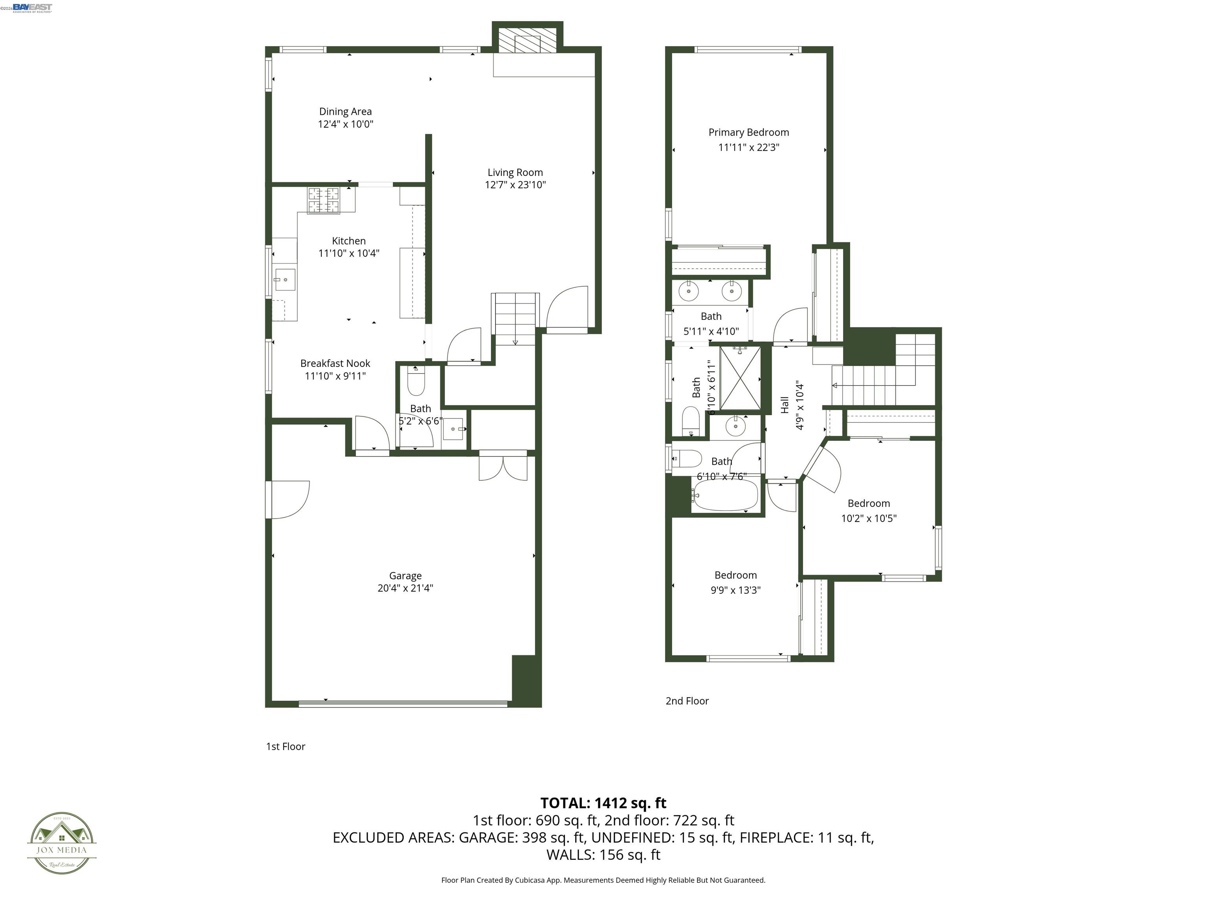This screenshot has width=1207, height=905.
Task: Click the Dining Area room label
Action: (x=345, y=111)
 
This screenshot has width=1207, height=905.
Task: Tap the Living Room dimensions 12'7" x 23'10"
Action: (x=515, y=185)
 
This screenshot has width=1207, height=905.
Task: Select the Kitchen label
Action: (x=349, y=240)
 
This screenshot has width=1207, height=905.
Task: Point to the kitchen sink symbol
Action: (x=284, y=280)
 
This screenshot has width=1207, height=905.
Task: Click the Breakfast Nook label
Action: (x=335, y=363)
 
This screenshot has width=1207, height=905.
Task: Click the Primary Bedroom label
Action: (x=748, y=132)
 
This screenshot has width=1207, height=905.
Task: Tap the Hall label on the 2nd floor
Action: (x=785, y=405)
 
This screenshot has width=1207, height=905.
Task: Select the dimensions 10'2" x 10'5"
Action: (x=869, y=518)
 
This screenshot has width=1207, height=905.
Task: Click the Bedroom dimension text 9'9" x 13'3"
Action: (x=736, y=590)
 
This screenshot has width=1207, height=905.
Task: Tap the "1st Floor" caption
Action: (x=285, y=746)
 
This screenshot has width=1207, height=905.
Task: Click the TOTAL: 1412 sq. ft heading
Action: (x=603, y=803)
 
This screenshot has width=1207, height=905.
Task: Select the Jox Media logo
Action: (x=62, y=843)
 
